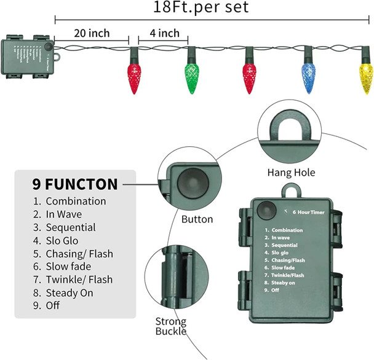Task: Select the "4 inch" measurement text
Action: coord(164,33)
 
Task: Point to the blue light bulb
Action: coord(309,72)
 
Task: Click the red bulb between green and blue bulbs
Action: coord(250,72)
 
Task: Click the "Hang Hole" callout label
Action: coord(291,173)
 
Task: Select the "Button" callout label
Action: coord(197,219)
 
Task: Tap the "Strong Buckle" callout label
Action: coord(170,327)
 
